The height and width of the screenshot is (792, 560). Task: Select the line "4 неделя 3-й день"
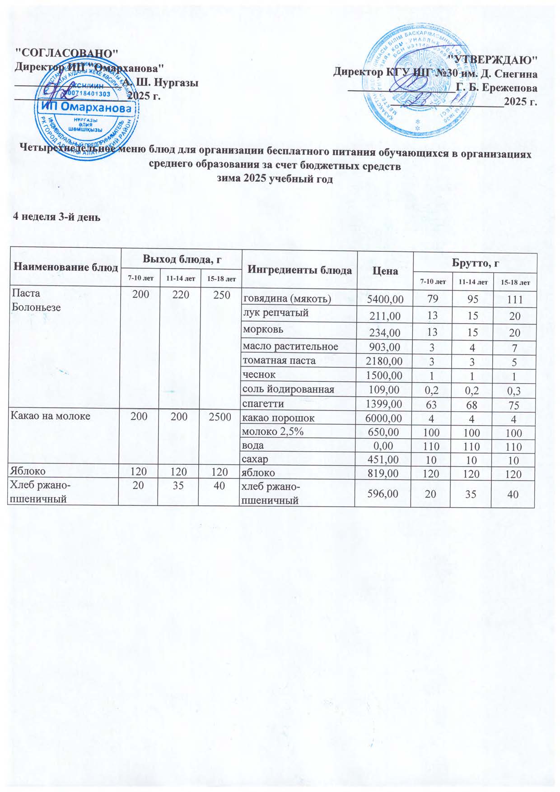point(56,217)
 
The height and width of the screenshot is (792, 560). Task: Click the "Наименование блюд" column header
point(66,267)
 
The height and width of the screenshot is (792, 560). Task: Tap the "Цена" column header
point(385,271)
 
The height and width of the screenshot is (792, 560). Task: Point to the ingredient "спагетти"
point(263,403)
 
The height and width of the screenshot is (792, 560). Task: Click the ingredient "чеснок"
point(259,374)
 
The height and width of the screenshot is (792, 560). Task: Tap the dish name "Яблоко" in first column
point(30,472)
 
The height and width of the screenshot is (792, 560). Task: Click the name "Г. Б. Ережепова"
point(497,88)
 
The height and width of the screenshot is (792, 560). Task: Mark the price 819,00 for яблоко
point(383,473)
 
